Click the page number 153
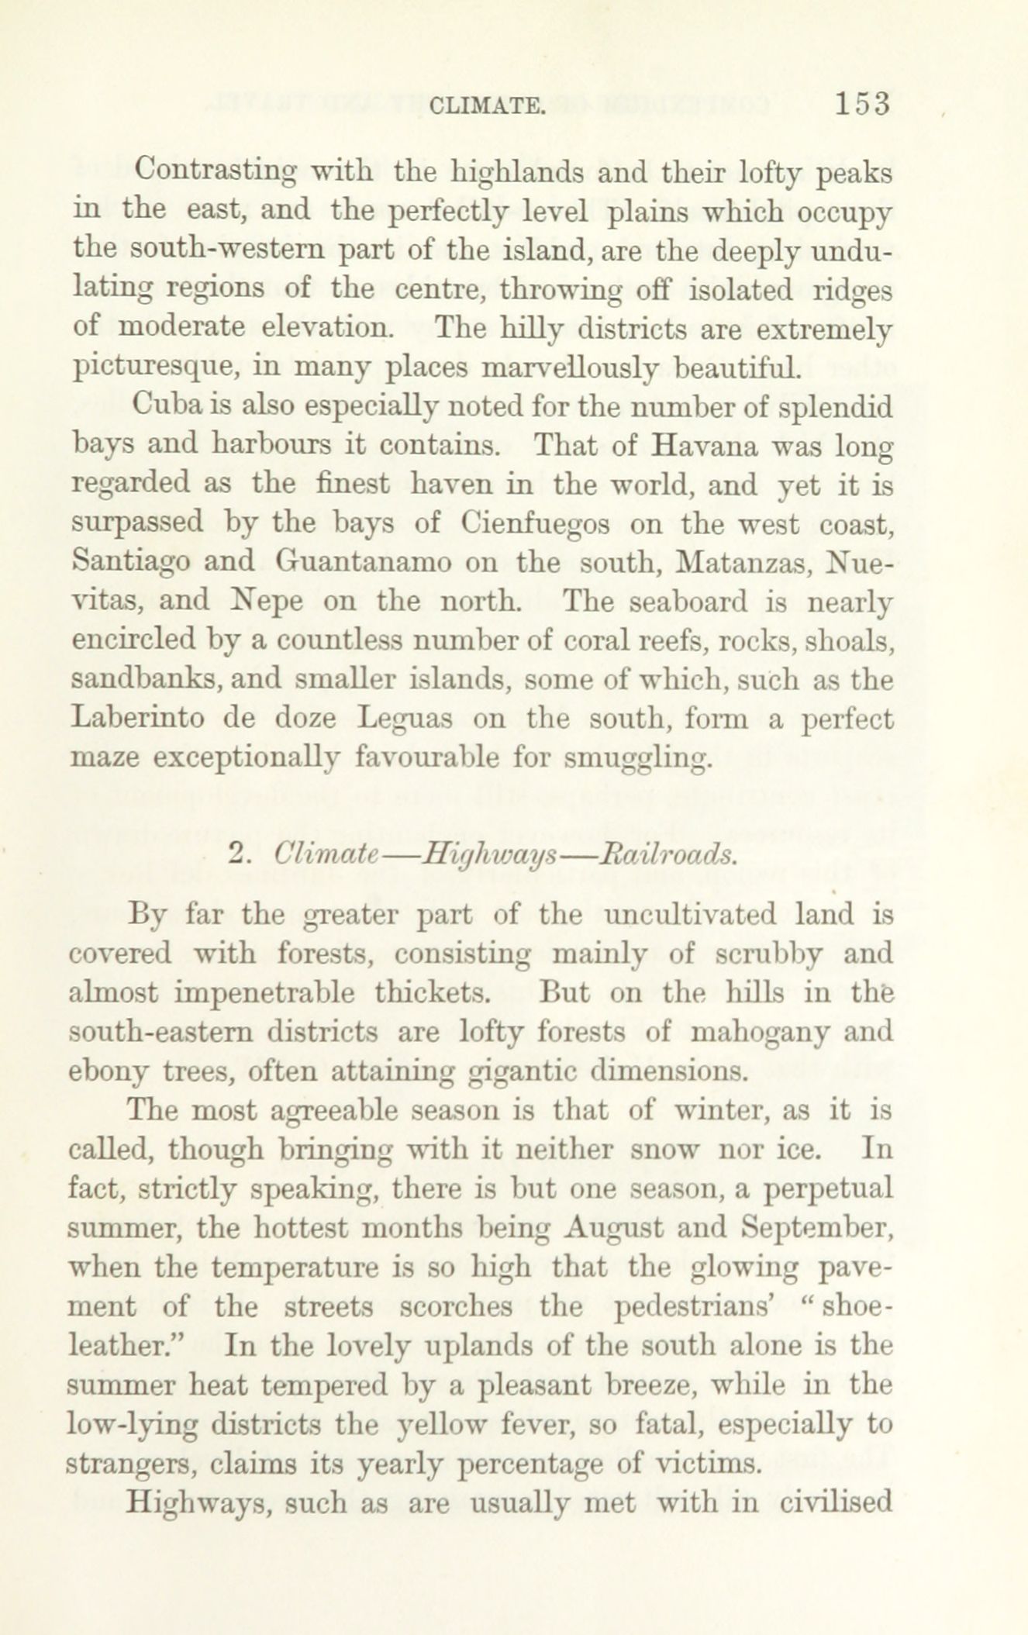863,103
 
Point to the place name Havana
702,446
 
